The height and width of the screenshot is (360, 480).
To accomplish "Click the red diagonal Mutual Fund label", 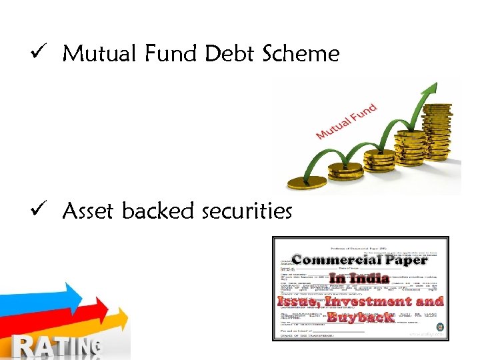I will (x=346, y=121).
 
